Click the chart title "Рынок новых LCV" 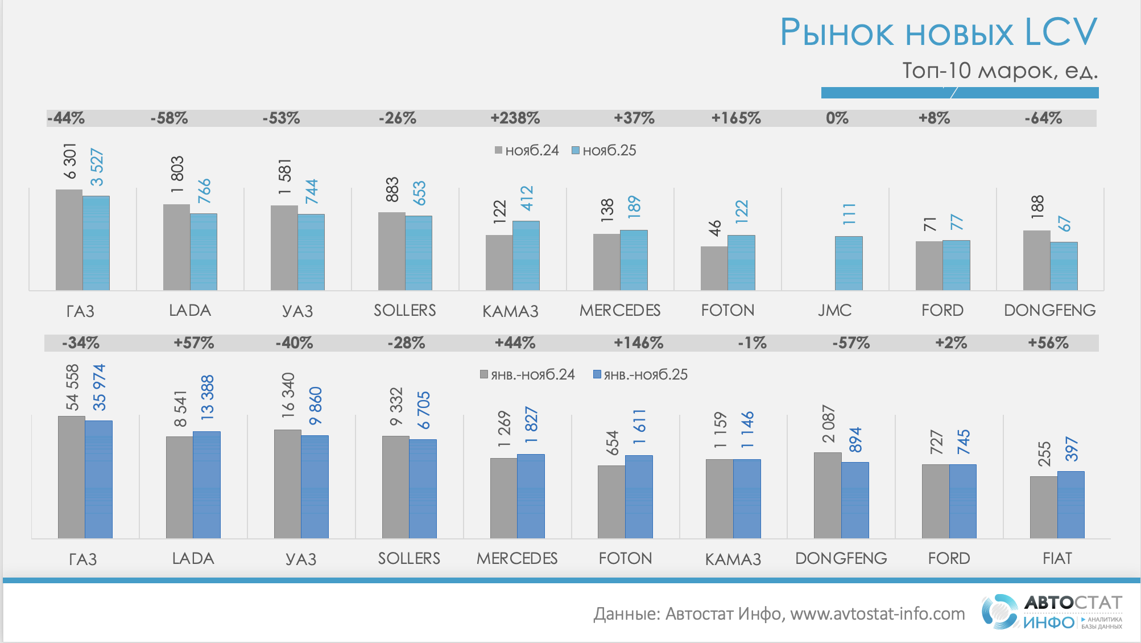pyautogui.click(x=938, y=32)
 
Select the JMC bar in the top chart pyautogui.click(x=848, y=263)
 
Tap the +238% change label pyautogui.click(x=515, y=118)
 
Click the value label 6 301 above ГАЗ pyautogui.click(x=69, y=161)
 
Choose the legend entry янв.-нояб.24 pyautogui.click(x=527, y=374)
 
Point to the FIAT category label pyautogui.click(x=1057, y=558)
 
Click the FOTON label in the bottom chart pyautogui.click(x=625, y=558)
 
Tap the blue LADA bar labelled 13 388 pyautogui.click(x=206, y=484)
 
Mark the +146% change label pyautogui.click(x=638, y=343)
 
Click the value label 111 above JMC pyautogui.click(x=849, y=213)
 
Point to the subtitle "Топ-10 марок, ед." pyautogui.click(x=999, y=71)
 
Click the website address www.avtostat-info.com pyautogui.click(x=877, y=613)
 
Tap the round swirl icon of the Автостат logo pyautogui.click(x=999, y=612)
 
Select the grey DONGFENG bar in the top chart pyautogui.click(x=1036, y=260)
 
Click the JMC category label pyautogui.click(x=834, y=310)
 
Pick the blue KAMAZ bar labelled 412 pyautogui.click(x=526, y=255)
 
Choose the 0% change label pyautogui.click(x=837, y=118)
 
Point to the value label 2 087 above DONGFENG pyautogui.click(x=828, y=424)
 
